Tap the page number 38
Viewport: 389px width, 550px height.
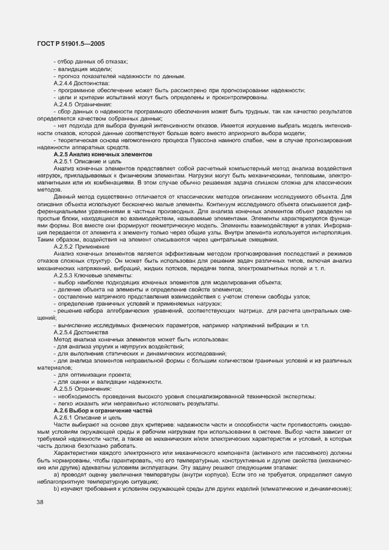coord(40,502)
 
